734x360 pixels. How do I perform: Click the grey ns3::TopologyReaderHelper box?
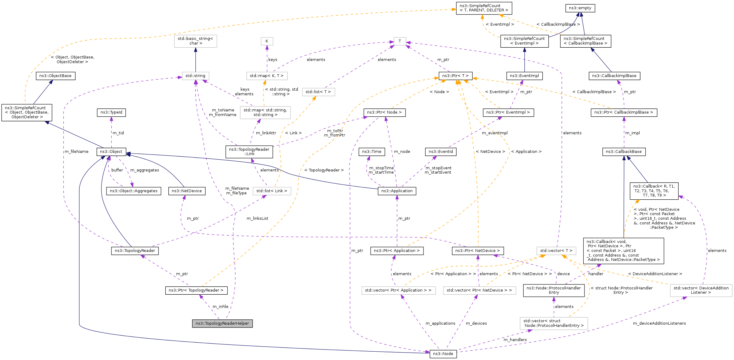coord(222,323)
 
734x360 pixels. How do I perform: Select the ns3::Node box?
coord(443,354)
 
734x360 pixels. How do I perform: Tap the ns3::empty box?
coord(580,8)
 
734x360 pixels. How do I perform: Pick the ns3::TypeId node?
coord(111,112)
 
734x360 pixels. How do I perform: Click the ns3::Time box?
coord(372,152)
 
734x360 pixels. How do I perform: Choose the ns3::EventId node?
coord(441,152)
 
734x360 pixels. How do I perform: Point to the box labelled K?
coord(267,41)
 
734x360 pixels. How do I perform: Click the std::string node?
coord(195,76)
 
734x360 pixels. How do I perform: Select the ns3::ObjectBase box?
coord(55,76)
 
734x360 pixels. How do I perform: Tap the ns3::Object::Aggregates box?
coord(134,191)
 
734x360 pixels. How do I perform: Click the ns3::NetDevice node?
coord(187,191)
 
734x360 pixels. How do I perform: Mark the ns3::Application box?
coord(397,191)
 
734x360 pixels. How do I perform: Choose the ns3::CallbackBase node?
coord(624,152)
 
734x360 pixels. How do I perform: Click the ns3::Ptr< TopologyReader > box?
coord(196,290)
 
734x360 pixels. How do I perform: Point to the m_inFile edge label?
coord(220,307)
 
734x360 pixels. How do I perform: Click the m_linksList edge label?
coord(258,219)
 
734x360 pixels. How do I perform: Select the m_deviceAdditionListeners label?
coord(659,323)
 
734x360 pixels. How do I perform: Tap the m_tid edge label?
coord(118,133)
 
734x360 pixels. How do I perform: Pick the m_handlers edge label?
coord(515,340)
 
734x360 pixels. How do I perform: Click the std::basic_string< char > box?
coord(195,41)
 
